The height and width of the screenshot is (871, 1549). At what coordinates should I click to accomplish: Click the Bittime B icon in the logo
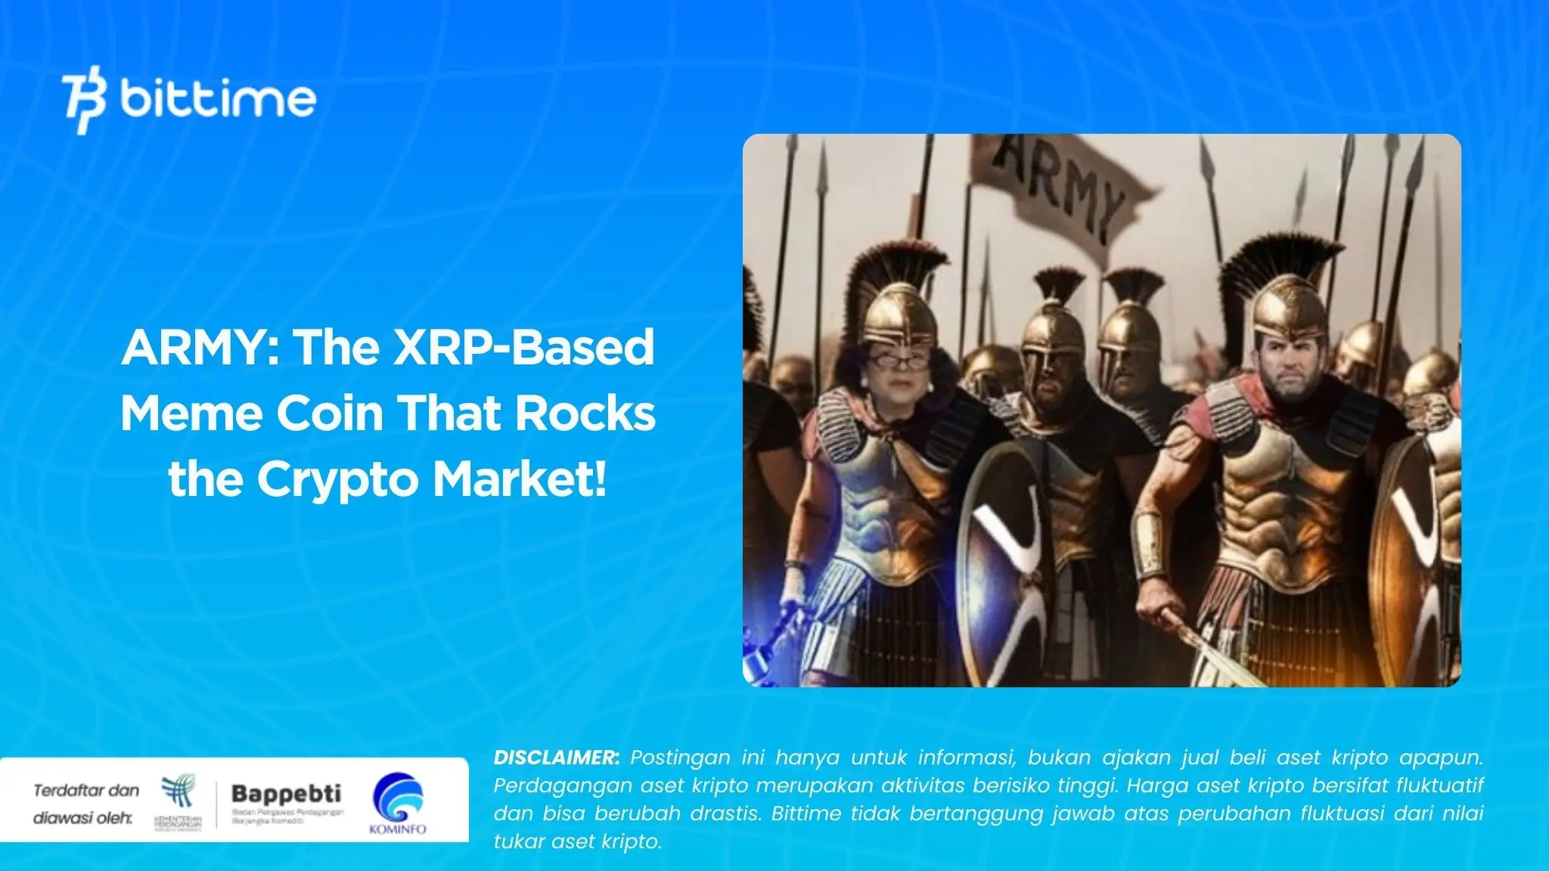coord(84,103)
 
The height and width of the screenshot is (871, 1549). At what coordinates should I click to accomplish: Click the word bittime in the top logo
coord(217,99)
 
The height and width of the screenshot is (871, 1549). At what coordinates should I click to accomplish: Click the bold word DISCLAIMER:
coord(556,758)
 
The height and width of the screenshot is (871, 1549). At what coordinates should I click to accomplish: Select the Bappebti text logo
coord(286,794)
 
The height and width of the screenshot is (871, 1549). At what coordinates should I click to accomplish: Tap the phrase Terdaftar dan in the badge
coord(86,791)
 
